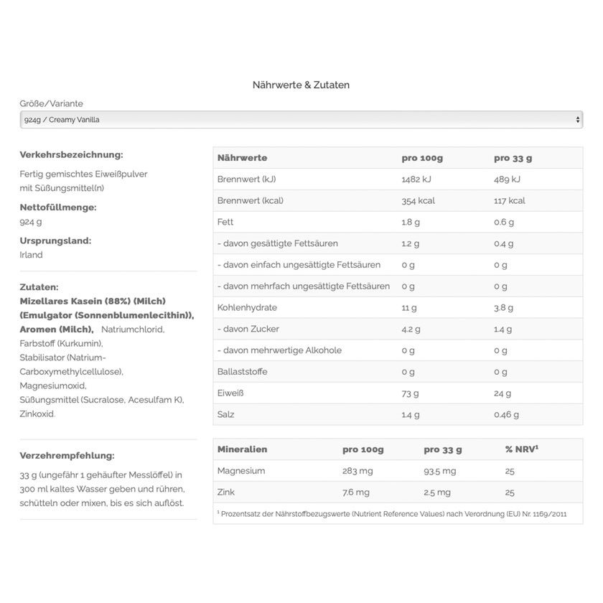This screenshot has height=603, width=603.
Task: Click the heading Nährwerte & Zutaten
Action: pyautogui.click(x=301, y=85)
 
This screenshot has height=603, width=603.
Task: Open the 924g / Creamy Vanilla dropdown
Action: pyautogui.click(x=301, y=120)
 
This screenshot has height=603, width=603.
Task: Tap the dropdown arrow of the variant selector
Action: pyautogui.click(x=578, y=120)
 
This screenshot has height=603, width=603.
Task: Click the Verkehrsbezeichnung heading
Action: pyautogui.click(x=71, y=154)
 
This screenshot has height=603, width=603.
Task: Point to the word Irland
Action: pyautogui.click(x=32, y=255)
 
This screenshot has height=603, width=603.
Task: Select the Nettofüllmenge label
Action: pyautogui.click(x=58, y=207)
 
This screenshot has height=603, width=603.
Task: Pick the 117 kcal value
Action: pyautogui.click(x=510, y=200)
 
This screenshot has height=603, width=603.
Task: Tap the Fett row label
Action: pyautogui.click(x=225, y=222)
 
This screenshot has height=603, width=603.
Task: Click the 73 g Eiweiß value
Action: pyautogui.click(x=410, y=393)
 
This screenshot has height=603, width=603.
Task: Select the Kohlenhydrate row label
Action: pyautogui.click(x=247, y=307)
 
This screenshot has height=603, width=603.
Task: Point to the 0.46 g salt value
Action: pyautogui.click(x=506, y=414)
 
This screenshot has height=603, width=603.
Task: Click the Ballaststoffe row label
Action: pyautogui.click(x=243, y=372)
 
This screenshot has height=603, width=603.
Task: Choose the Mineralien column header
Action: pyautogui.click(x=242, y=449)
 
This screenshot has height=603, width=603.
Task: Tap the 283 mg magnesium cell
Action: pyautogui.click(x=358, y=471)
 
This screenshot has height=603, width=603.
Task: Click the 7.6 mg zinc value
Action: pyautogui.click(x=356, y=492)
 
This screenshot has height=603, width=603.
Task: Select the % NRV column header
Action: pyautogui.click(x=522, y=449)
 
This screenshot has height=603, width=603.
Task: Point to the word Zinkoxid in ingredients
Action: pyautogui.click(x=37, y=413)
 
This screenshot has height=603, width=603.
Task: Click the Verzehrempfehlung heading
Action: pyautogui.click(x=67, y=455)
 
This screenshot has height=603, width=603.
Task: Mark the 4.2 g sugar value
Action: pyautogui.click(x=411, y=329)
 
